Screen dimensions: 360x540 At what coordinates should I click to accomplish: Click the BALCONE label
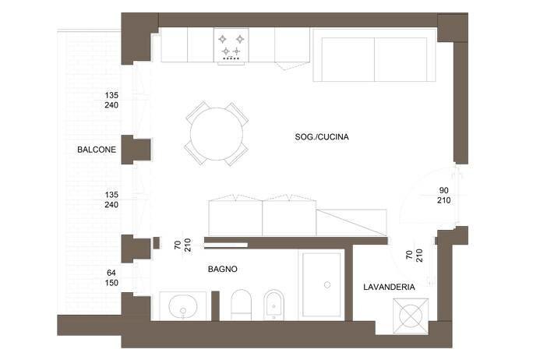click(x=97, y=150)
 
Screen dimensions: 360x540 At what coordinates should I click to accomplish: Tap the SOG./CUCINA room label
click(x=322, y=137)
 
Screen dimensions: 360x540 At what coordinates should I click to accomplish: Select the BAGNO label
click(x=222, y=270)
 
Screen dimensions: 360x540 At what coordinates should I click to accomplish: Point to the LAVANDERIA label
click(x=389, y=287)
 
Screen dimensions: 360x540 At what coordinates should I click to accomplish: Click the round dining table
click(x=217, y=132)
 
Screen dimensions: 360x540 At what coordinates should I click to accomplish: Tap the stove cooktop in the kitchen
click(x=232, y=45)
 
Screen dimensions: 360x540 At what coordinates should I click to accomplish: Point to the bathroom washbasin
click(x=183, y=307)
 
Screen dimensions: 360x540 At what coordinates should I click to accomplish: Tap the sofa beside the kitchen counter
click(x=374, y=57)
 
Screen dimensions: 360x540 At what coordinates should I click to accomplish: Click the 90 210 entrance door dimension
click(x=444, y=195)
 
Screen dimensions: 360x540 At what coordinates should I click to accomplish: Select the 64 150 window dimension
click(x=111, y=277)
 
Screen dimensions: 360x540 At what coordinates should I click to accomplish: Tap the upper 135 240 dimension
click(x=111, y=101)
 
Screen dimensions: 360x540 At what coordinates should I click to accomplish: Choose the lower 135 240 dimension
click(x=111, y=199)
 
